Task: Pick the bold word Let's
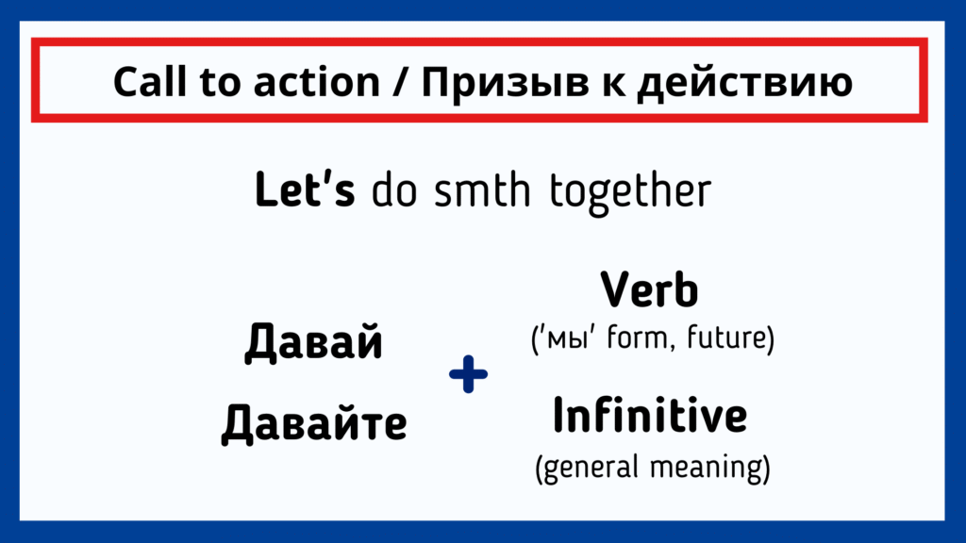(x=305, y=189)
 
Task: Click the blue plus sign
(x=468, y=373)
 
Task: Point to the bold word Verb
(x=649, y=289)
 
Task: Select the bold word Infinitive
(x=650, y=415)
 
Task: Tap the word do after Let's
(x=394, y=189)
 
